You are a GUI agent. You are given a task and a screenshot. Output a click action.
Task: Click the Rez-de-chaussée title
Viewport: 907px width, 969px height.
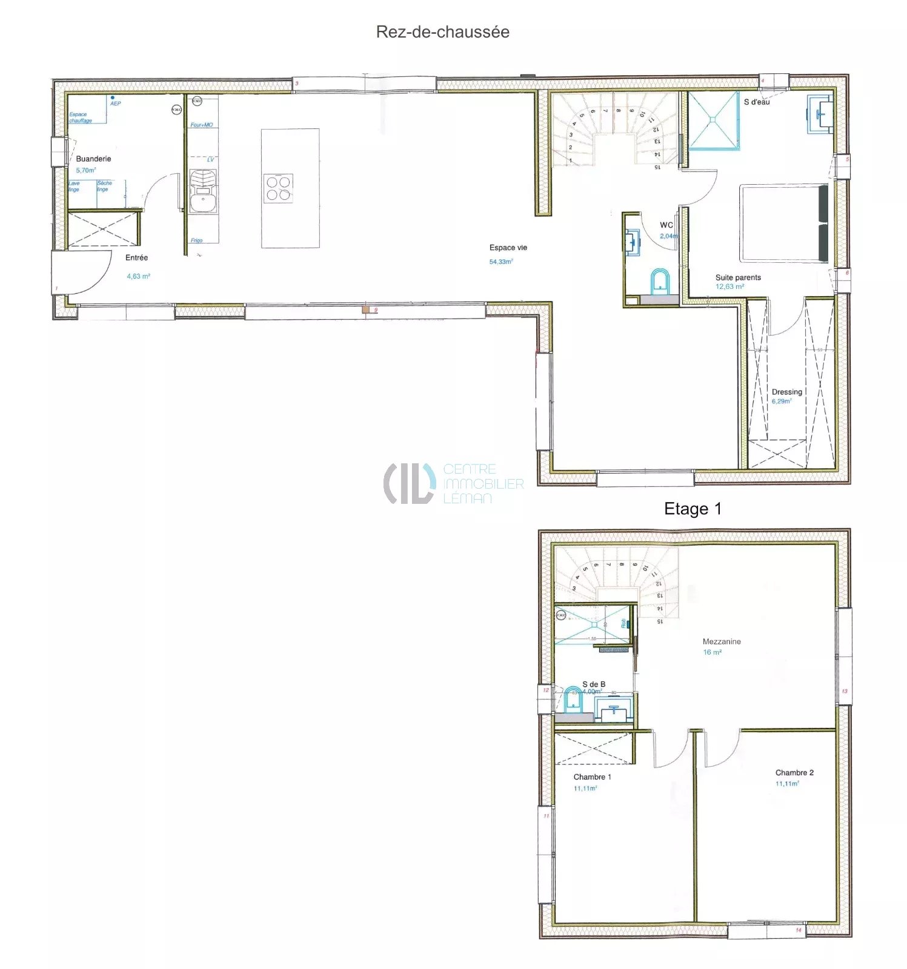(442, 31)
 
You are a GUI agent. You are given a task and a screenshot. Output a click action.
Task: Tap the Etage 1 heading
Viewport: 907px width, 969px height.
(693, 509)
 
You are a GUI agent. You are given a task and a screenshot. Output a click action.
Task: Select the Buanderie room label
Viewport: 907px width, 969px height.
(93, 159)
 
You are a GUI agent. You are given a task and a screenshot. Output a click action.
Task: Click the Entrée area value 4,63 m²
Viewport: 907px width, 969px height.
(138, 276)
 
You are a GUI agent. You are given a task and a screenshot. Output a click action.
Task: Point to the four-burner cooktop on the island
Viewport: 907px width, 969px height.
(279, 188)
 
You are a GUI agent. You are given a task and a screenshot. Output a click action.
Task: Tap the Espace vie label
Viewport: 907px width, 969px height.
(508, 248)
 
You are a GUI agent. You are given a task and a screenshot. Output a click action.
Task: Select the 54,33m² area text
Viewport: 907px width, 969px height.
(501, 262)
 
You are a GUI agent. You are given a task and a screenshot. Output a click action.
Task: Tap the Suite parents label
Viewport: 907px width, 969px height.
(737, 277)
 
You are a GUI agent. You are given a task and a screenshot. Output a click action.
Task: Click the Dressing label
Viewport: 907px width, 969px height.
(786, 392)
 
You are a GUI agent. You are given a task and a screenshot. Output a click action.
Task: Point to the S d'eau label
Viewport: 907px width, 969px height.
(757, 102)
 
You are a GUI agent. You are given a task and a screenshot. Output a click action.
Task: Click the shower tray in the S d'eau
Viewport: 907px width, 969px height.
(713, 121)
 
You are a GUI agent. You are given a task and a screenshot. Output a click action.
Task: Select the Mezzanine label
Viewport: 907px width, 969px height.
(721, 641)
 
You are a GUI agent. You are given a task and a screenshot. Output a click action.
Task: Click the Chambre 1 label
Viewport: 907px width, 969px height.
(592, 777)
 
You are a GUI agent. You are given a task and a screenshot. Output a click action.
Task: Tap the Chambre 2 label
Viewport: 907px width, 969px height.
(794, 773)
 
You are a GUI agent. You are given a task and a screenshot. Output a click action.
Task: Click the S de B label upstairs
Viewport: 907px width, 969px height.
(593, 684)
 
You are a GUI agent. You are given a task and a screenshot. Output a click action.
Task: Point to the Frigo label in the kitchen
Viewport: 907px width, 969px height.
(196, 240)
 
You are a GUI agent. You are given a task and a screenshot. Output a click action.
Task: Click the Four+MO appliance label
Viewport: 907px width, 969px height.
(201, 125)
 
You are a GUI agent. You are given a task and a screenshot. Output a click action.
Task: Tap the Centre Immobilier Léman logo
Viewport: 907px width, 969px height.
(453, 483)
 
